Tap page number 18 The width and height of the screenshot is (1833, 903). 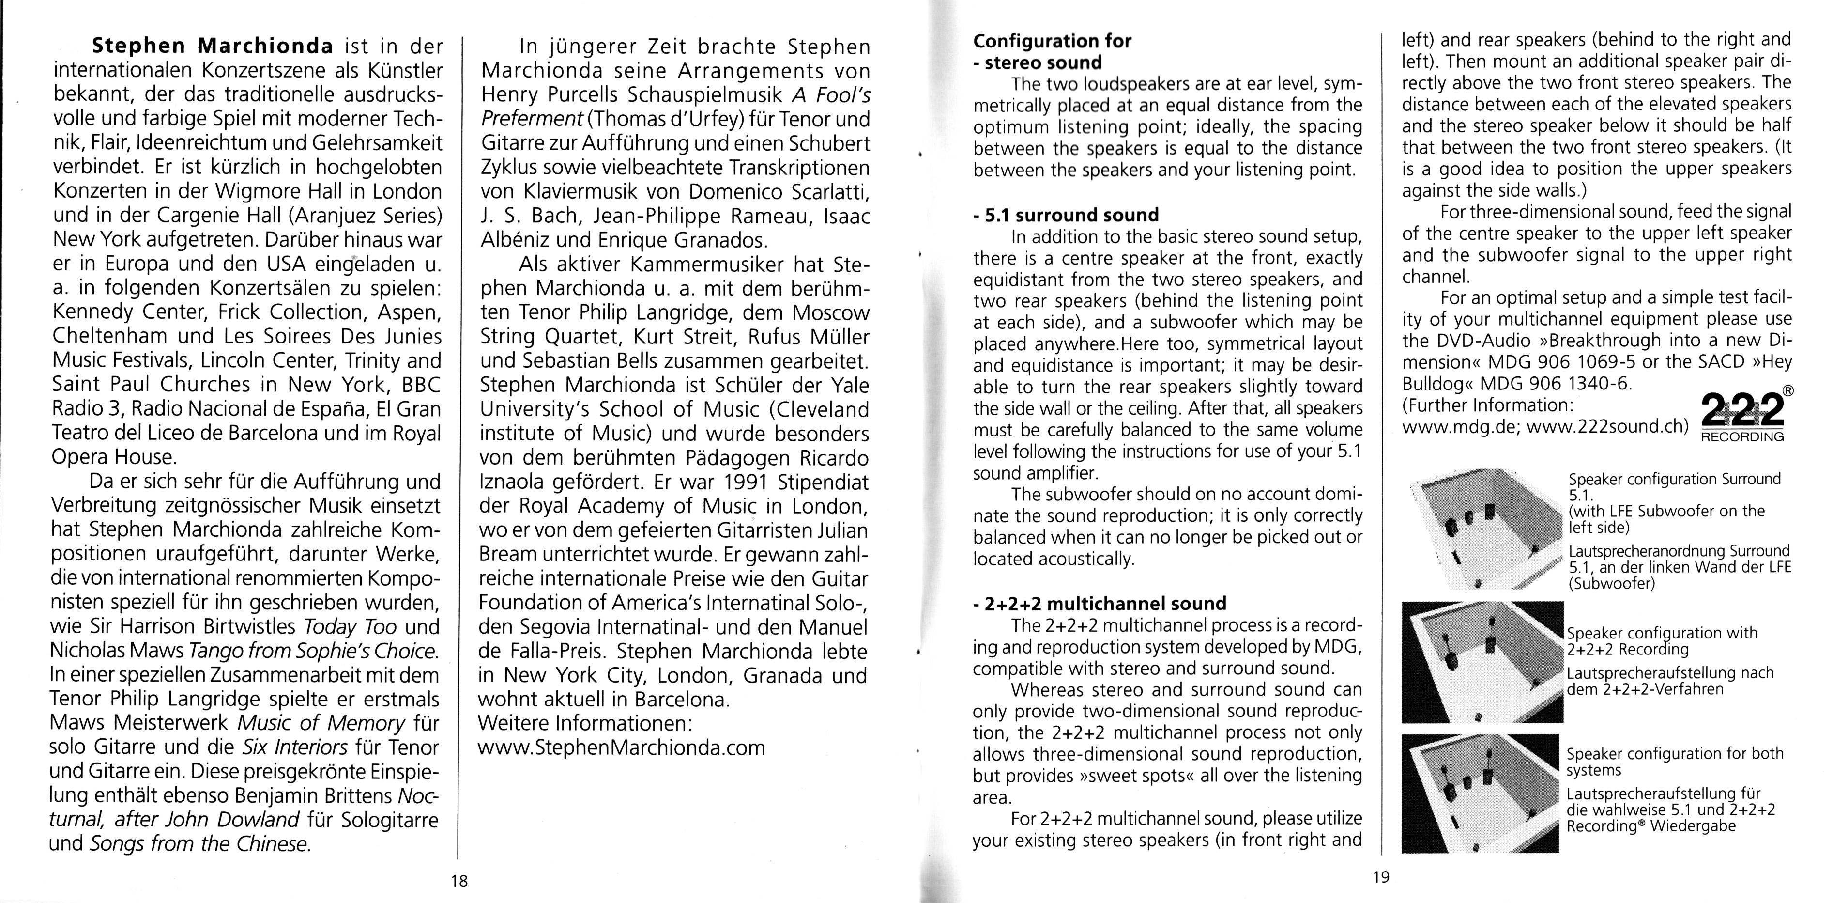point(459,881)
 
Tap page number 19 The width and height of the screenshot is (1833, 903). point(1380,877)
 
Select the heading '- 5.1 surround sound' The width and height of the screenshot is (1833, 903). point(1065,215)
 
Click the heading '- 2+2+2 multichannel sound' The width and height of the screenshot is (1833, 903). point(1100,604)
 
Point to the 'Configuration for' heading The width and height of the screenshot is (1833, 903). point(1052,41)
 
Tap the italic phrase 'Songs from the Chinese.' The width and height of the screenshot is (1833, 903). point(200,844)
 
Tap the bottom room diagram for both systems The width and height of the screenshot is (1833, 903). point(1480,793)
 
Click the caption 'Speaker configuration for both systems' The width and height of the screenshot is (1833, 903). point(1674,761)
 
